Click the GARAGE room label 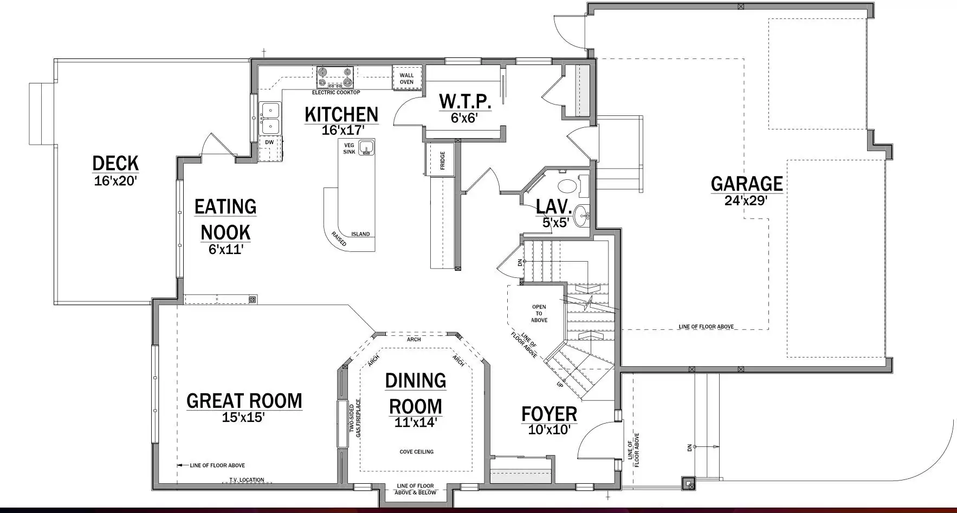[747, 184]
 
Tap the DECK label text [115, 163]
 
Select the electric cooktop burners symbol [335, 77]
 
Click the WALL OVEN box [407, 78]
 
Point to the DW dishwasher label [269, 142]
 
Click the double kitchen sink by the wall [270, 118]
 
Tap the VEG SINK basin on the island [367, 147]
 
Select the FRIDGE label [443, 160]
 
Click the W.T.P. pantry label [465, 101]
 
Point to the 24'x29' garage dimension [746, 200]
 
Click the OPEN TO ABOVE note [539, 314]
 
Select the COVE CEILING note [417, 452]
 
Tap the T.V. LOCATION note [247, 480]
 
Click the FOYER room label [549, 414]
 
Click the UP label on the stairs [560, 384]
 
